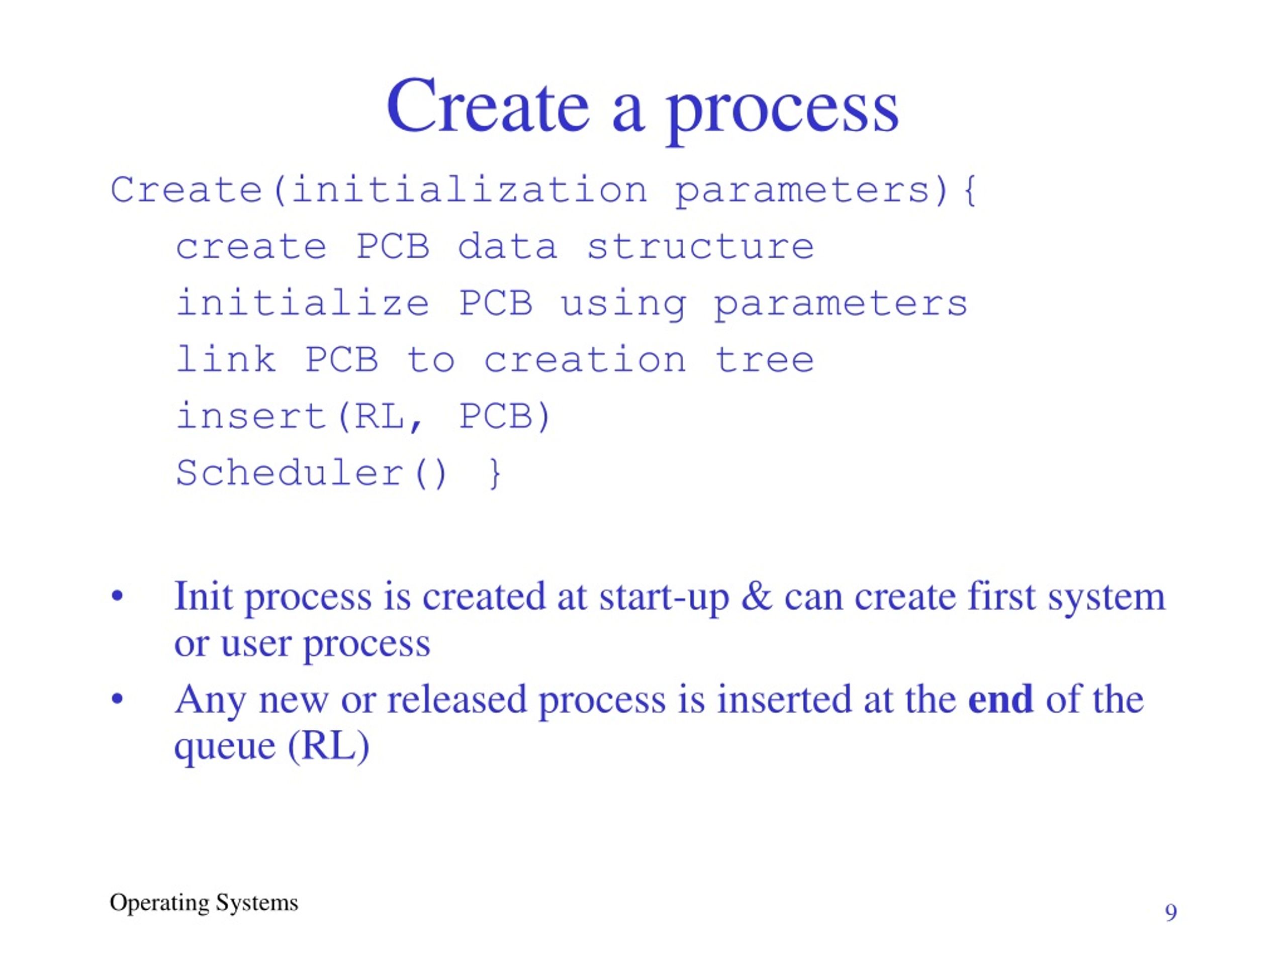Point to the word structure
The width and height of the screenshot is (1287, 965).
coord(700,247)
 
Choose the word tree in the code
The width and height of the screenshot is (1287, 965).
coord(764,359)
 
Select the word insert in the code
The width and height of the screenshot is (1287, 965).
coord(251,416)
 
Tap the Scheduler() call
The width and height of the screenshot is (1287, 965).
coord(312,472)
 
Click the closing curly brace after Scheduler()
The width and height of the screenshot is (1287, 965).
coord(495,473)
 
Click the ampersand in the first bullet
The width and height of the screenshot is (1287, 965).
coord(757,597)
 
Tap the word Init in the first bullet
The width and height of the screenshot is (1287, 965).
coord(203,596)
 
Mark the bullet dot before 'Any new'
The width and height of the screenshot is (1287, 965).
coord(118,699)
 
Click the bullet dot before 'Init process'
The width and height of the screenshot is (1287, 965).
coord(118,597)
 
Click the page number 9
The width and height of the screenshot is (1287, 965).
coord(1171,912)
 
